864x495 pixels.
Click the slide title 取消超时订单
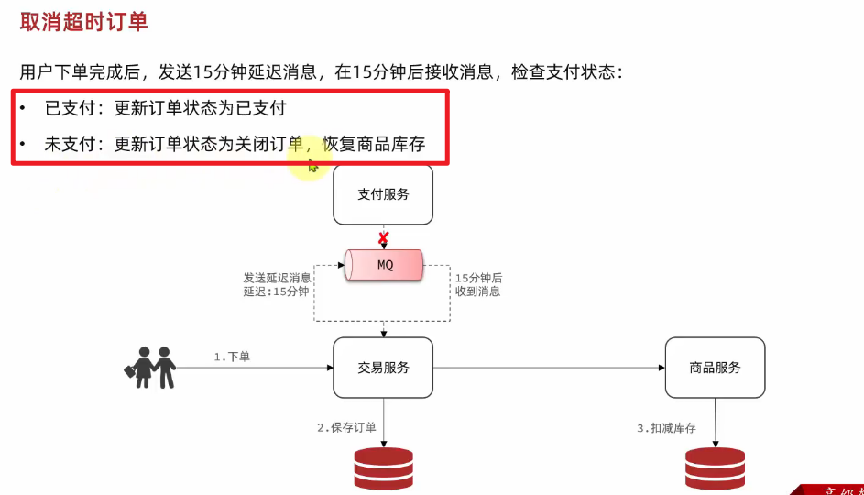point(83,22)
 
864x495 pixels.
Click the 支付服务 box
point(383,194)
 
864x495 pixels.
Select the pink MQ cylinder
point(385,265)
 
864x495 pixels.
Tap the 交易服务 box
point(383,368)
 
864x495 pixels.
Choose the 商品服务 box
point(715,368)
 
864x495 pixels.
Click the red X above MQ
point(384,238)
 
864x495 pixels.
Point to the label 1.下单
point(232,357)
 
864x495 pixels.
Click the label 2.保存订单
point(347,427)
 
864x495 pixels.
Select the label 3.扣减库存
point(667,428)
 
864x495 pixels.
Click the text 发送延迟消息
point(277,277)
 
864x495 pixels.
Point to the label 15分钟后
point(478,277)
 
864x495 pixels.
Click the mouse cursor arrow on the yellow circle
point(312,165)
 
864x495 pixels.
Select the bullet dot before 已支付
point(23,108)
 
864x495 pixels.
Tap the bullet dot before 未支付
point(23,144)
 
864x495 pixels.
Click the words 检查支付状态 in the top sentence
point(568,71)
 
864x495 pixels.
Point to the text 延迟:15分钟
point(276,291)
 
